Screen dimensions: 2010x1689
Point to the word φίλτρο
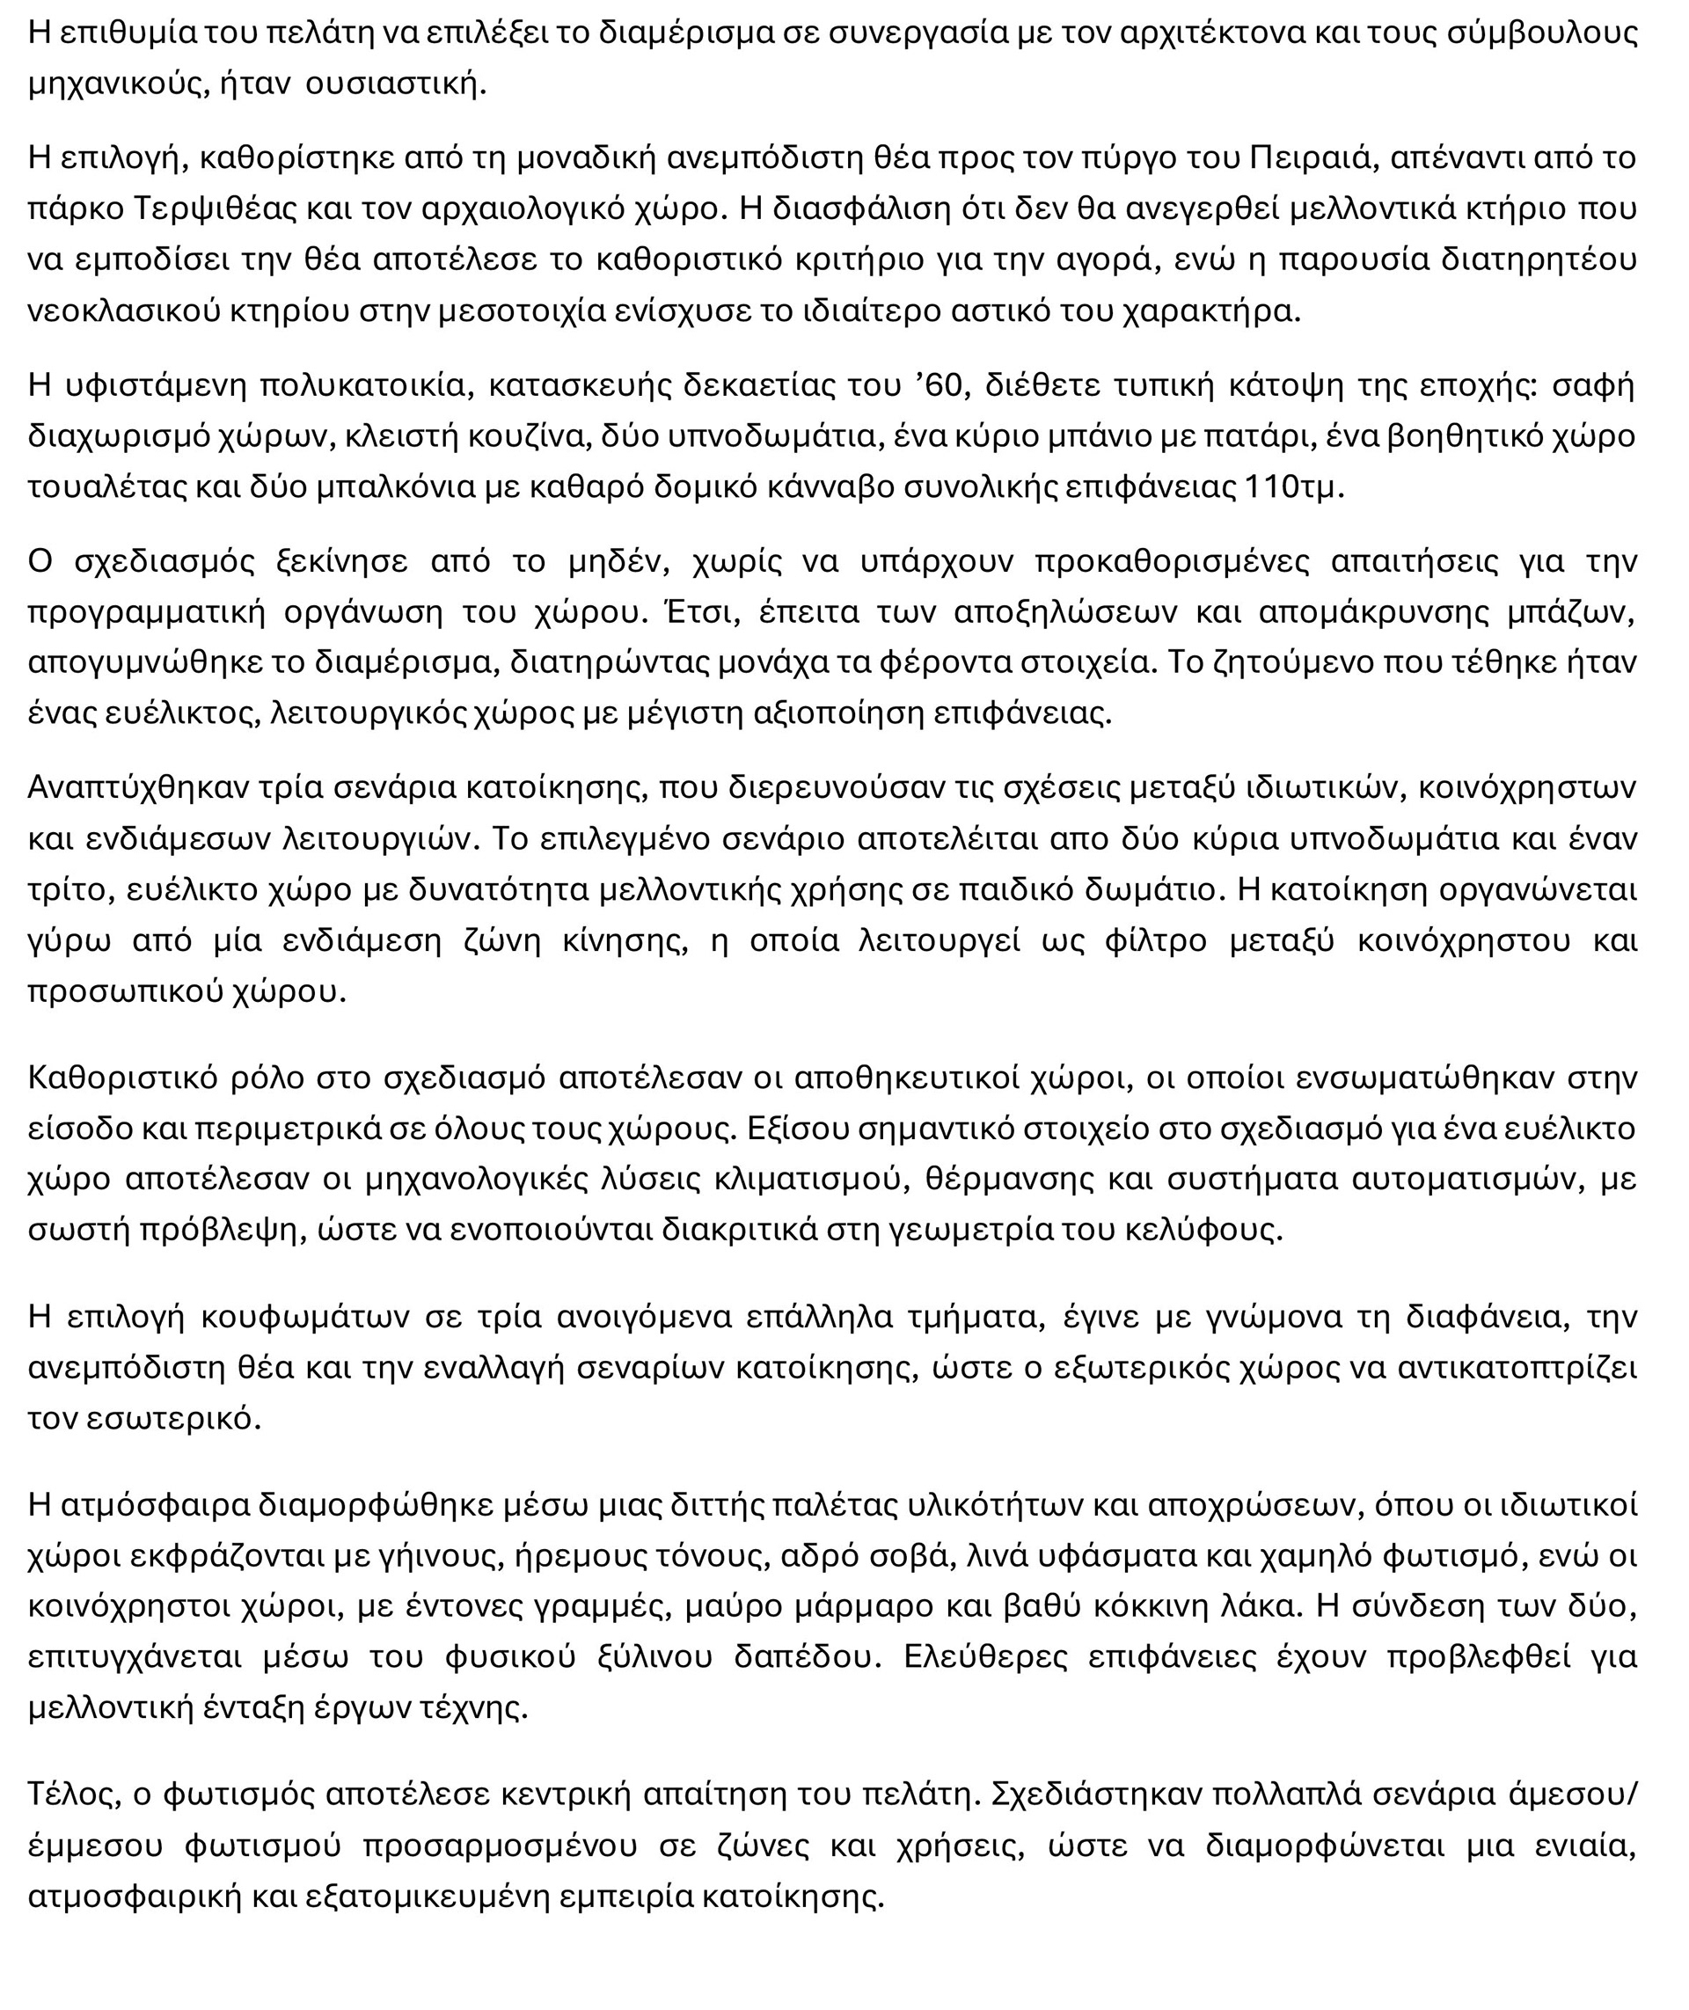1155,940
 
